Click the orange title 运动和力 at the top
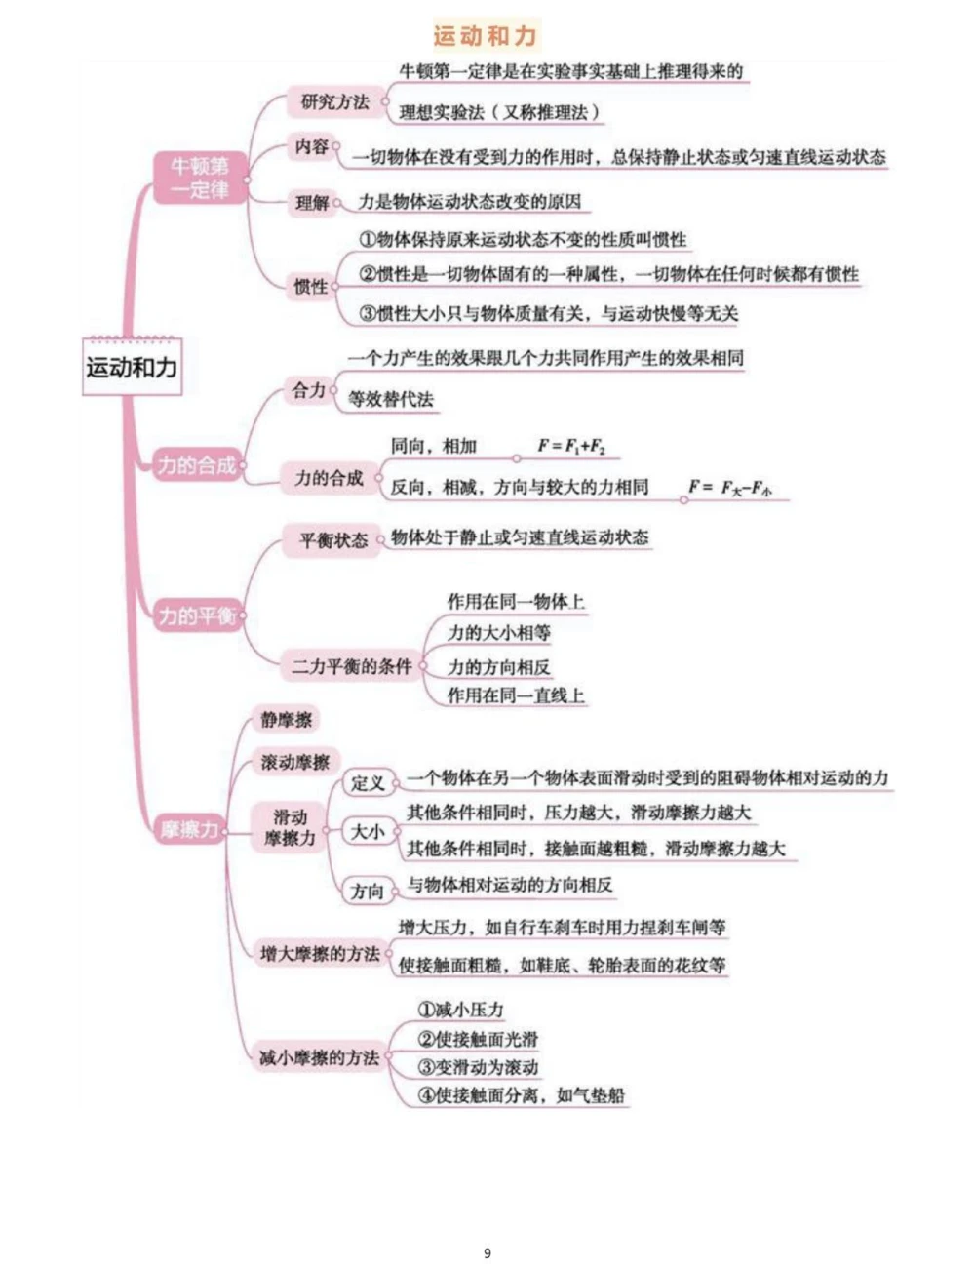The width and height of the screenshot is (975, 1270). (486, 37)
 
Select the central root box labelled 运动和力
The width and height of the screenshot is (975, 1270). (132, 368)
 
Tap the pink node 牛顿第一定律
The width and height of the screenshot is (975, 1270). (200, 178)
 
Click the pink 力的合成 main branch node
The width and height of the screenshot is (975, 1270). (197, 465)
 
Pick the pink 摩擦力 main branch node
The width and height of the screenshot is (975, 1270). (190, 830)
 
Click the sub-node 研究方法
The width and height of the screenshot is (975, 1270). (334, 101)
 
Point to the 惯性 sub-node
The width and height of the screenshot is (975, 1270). (311, 286)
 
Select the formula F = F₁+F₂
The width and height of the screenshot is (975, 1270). (571, 447)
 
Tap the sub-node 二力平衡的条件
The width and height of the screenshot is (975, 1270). (352, 666)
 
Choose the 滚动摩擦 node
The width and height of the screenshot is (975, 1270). (295, 762)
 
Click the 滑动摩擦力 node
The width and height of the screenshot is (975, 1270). (290, 827)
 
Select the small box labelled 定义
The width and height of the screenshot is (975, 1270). (368, 782)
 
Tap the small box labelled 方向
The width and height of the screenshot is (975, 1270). (368, 891)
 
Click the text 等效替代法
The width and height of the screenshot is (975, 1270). (391, 399)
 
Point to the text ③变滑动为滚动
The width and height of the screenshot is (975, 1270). (478, 1067)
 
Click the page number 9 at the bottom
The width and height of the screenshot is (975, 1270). (487, 1253)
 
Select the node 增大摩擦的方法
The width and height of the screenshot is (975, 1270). (320, 953)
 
